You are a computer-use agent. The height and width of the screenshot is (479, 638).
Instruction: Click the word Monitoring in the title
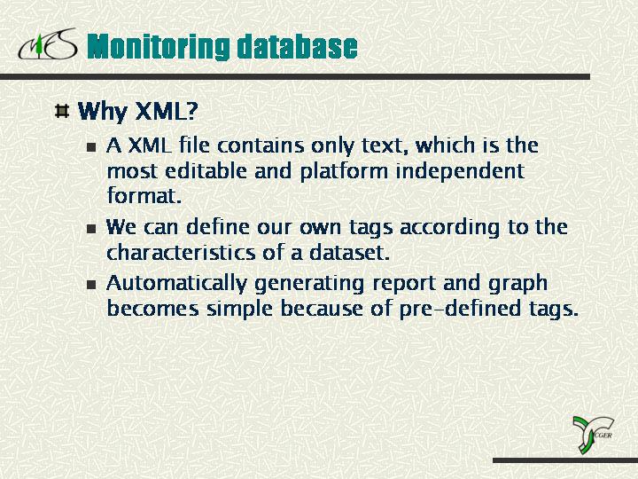(159, 47)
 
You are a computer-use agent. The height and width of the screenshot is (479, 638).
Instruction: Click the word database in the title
(298, 46)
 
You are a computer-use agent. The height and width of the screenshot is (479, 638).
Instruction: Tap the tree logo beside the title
(47, 44)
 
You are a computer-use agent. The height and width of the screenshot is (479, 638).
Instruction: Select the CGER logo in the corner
(593, 435)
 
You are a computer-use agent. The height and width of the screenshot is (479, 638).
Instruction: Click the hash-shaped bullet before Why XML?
(62, 111)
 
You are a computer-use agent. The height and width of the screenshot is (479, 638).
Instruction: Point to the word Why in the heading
(102, 111)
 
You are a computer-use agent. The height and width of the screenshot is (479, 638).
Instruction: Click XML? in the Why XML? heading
(166, 110)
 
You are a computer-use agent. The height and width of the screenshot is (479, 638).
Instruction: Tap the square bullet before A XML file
(91, 146)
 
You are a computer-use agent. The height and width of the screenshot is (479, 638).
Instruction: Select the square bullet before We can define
(91, 228)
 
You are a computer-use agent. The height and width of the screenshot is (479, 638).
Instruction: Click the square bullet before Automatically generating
(91, 284)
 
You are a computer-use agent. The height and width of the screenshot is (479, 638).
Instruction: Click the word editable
(206, 170)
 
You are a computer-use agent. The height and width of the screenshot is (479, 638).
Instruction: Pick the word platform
(344, 172)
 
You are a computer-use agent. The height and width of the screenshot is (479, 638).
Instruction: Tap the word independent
(460, 171)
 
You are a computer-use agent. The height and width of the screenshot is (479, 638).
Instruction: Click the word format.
(144, 195)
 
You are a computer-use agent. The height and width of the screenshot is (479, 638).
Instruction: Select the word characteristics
(181, 252)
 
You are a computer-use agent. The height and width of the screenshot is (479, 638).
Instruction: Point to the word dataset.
(349, 252)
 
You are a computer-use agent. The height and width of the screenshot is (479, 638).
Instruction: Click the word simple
(239, 310)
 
